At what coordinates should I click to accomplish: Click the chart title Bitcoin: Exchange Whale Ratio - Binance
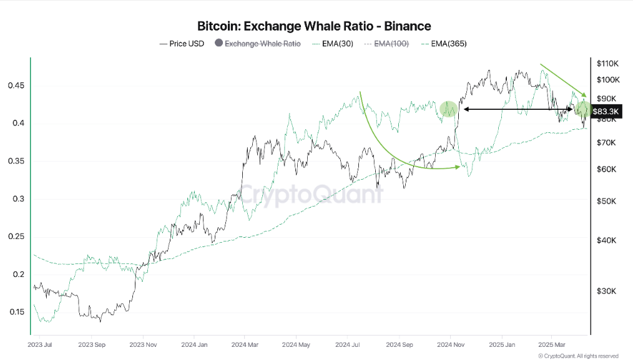(x=314, y=26)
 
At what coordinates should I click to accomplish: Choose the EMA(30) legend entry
(x=337, y=44)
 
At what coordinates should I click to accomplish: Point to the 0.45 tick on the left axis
(x=16, y=85)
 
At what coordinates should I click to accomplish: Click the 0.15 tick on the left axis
(x=16, y=313)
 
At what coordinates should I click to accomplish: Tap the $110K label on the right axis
(x=607, y=64)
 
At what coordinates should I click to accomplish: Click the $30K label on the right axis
(x=607, y=291)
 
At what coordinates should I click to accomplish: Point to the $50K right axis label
(x=607, y=202)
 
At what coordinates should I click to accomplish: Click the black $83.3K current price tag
(x=606, y=111)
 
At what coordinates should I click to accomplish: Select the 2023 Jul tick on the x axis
(x=40, y=344)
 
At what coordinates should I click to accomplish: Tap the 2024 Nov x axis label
(x=449, y=344)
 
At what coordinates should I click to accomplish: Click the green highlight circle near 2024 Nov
(x=449, y=109)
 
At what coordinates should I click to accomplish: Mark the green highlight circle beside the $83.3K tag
(x=584, y=109)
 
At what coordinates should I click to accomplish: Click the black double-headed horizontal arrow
(x=517, y=110)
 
